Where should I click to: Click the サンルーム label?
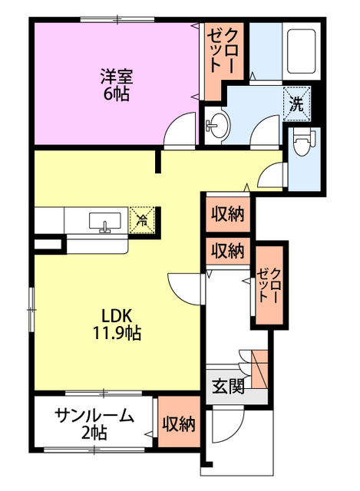(94, 416)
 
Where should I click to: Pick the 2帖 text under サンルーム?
(94, 433)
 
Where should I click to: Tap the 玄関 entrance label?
(227, 386)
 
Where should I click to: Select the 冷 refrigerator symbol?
(141, 220)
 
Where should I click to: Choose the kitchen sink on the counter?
(104, 222)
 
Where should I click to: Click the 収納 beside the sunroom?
(177, 424)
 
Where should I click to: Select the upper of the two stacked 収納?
(228, 214)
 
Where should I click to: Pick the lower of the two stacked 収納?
(228, 250)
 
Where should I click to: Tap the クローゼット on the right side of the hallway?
(270, 285)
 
